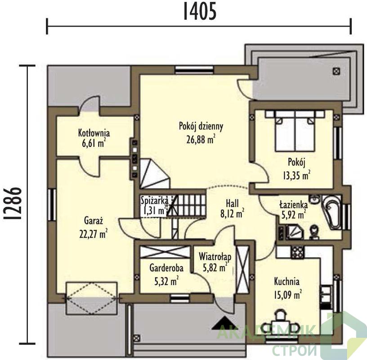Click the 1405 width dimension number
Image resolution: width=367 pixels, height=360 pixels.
point(199,11)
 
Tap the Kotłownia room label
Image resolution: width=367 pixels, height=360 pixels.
point(94,133)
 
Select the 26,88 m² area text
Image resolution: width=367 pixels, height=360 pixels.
point(201,139)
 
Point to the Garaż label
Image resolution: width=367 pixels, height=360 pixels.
point(94,221)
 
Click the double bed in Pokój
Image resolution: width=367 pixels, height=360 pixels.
point(295,130)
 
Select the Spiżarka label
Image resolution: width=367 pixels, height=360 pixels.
point(154,201)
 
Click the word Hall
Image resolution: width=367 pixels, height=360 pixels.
point(232,203)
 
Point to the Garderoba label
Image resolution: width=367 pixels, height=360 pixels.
point(166,268)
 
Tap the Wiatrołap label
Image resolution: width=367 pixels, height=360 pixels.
point(215,256)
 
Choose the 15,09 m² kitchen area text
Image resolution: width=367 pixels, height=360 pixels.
point(288,294)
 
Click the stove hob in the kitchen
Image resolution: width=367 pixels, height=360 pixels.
point(298,252)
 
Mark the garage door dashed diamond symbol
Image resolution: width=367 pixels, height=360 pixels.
point(92,298)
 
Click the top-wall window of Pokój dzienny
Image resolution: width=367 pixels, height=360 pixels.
point(194,70)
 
